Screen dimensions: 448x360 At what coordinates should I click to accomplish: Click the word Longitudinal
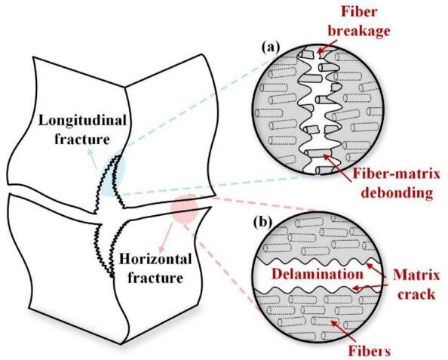click(x=82, y=121)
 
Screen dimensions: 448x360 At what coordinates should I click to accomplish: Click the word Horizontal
click(x=155, y=260)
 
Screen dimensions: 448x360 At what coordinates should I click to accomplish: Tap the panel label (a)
click(x=270, y=48)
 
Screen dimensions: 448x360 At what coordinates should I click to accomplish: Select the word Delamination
click(x=318, y=274)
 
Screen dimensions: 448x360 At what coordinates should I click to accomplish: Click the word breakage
click(x=358, y=31)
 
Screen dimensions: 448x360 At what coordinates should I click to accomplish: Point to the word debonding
click(x=397, y=192)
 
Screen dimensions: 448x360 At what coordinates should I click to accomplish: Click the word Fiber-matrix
click(x=396, y=174)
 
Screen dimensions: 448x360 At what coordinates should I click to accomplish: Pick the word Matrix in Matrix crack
click(x=416, y=275)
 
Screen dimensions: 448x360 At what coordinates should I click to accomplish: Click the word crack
click(x=416, y=294)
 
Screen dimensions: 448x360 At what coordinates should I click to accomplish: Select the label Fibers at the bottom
click(x=369, y=351)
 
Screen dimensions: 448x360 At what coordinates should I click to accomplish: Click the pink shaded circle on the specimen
click(x=184, y=209)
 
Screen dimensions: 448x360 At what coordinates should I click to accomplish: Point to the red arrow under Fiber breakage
click(x=327, y=46)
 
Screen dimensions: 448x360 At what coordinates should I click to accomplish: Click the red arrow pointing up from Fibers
click(x=342, y=330)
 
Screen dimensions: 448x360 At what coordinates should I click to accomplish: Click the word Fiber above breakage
click(x=359, y=12)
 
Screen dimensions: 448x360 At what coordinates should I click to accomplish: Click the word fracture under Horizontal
click(x=155, y=278)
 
